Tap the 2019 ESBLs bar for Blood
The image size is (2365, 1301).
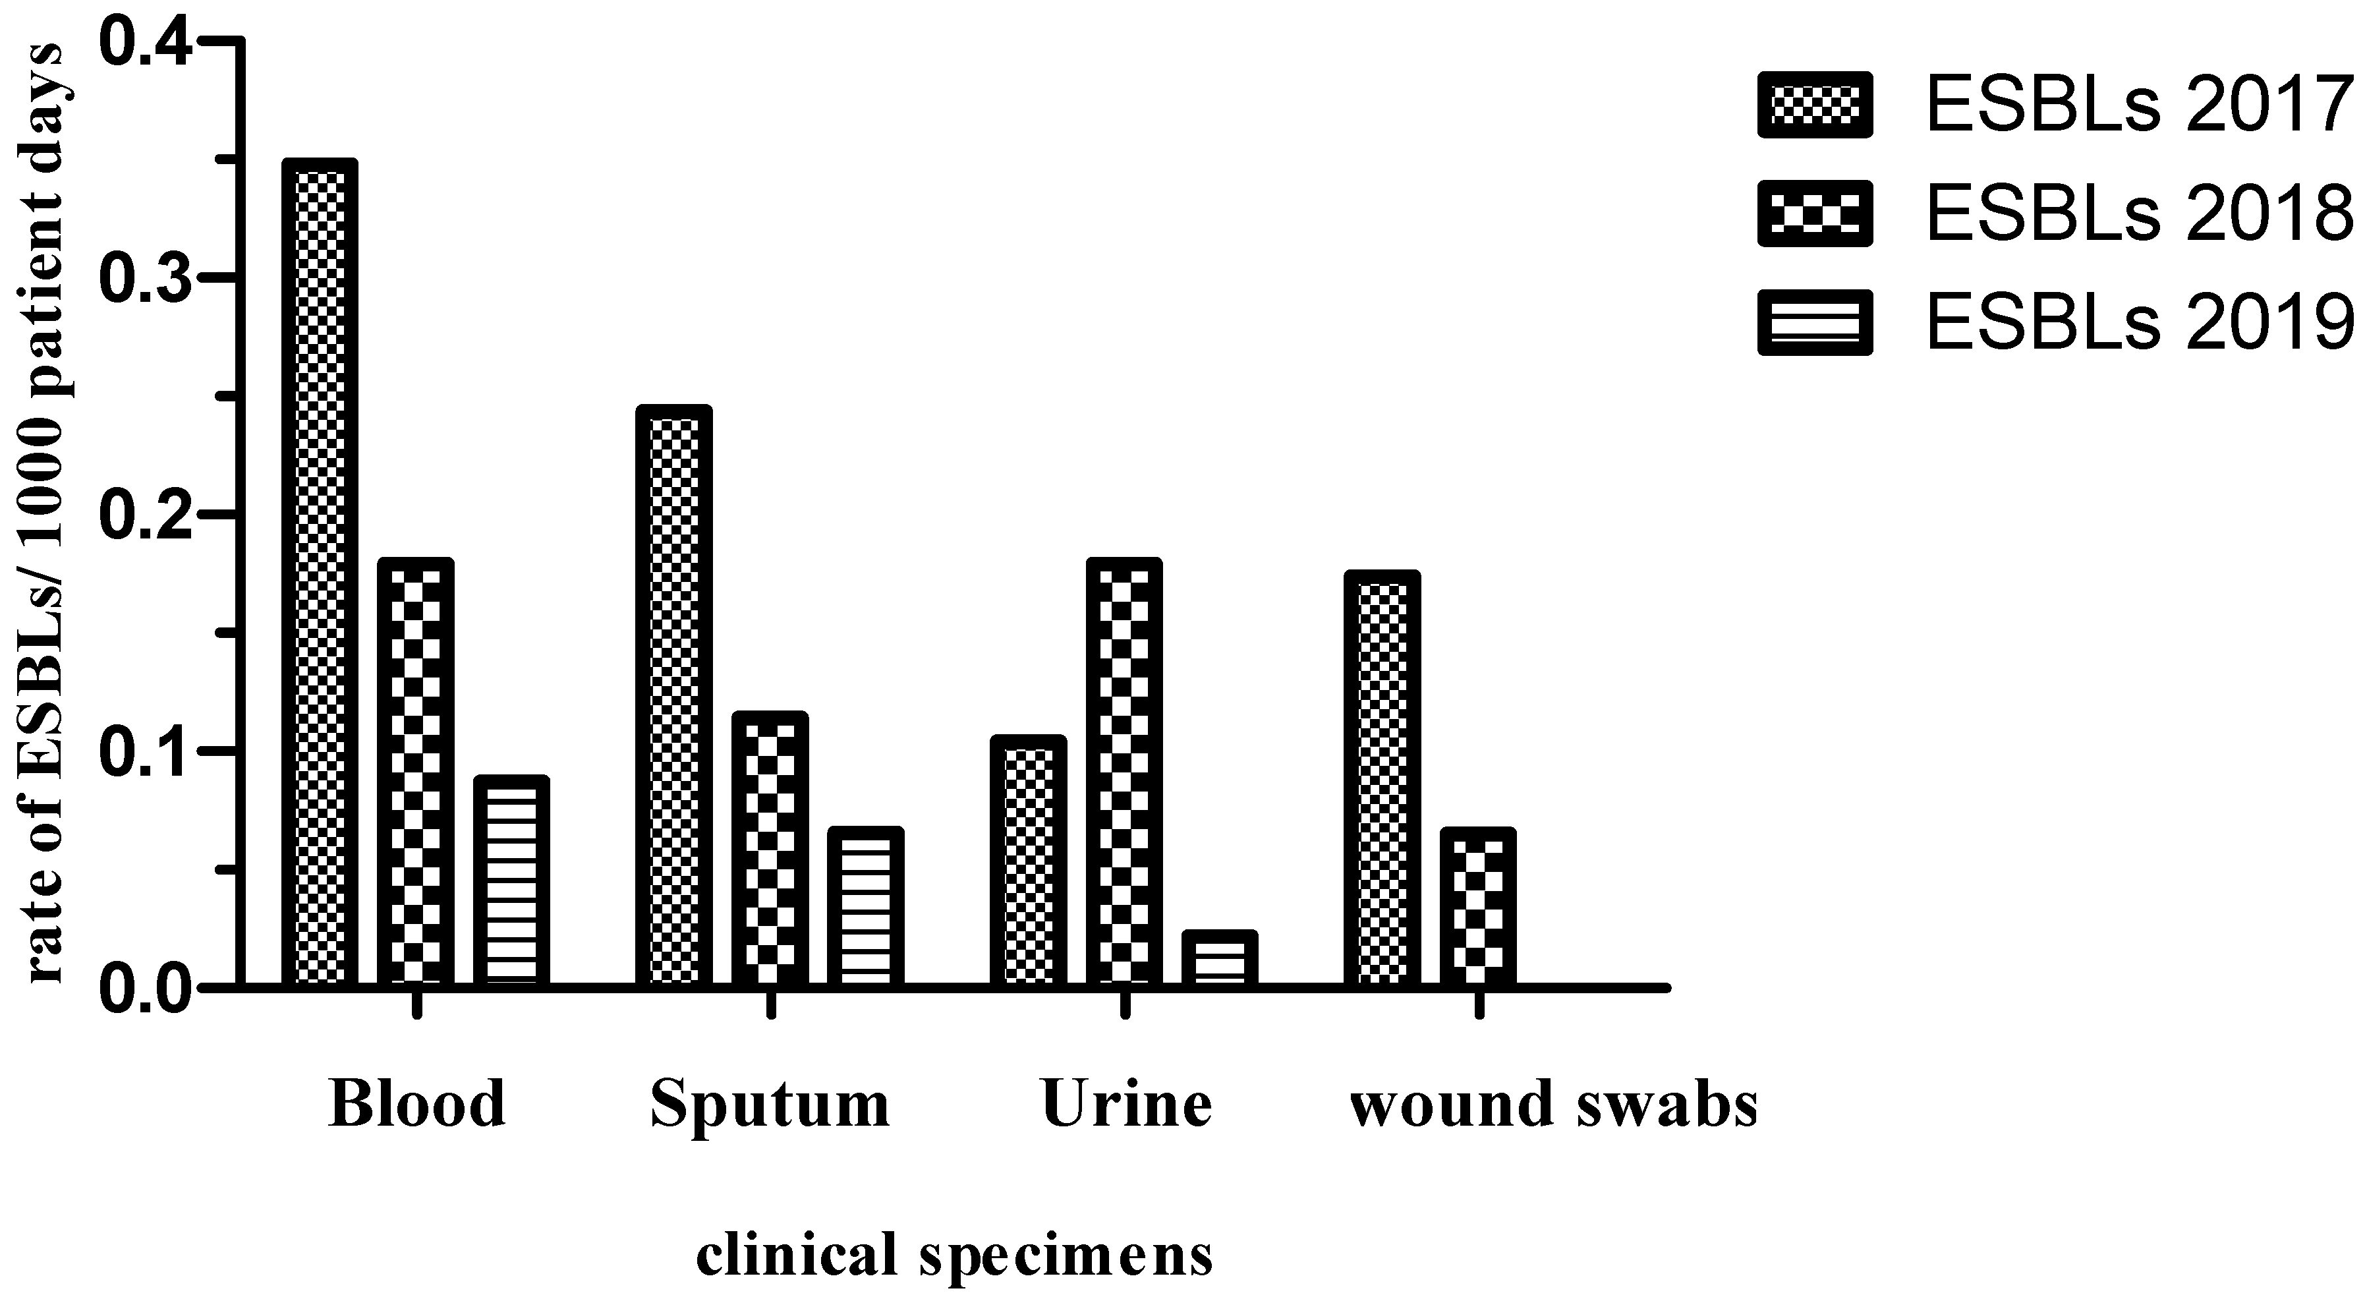(511, 881)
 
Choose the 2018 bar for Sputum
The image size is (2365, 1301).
(770, 850)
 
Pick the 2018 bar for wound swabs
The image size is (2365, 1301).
(1477, 907)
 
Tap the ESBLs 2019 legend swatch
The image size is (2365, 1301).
(1814, 322)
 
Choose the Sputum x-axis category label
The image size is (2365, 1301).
(770, 1103)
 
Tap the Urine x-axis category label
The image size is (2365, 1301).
(1127, 1103)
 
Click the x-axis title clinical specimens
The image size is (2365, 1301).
(955, 1255)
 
